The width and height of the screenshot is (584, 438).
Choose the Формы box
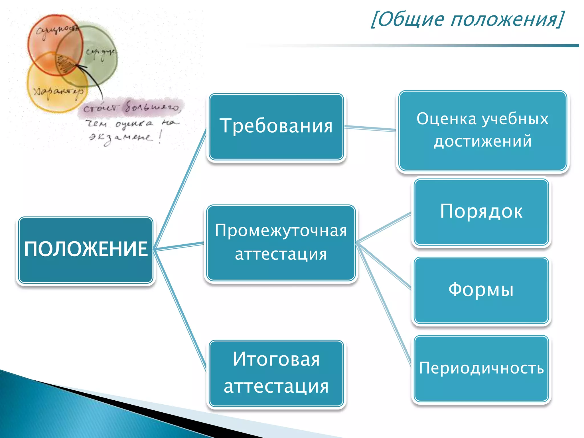(x=481, y=290)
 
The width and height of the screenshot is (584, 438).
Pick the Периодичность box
(x=481, y=368)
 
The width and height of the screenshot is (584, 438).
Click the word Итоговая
(x=276, y=359)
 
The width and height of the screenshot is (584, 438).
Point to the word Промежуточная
(x=281, y=230)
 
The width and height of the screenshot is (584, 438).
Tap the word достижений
(x=482, y=141)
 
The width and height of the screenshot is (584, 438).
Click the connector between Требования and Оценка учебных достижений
(x=370, y=129)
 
